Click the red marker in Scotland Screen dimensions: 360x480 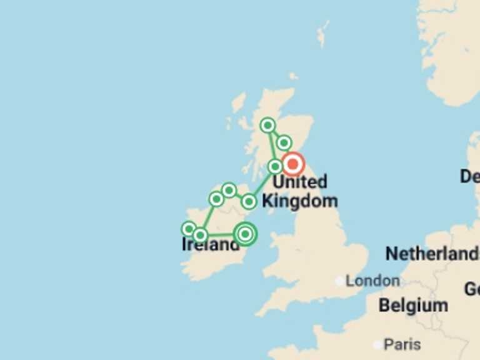click(292, 164)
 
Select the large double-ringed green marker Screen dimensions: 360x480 click(246, 234)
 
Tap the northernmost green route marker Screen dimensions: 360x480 click(267, 125)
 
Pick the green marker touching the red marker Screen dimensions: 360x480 click(275, 166)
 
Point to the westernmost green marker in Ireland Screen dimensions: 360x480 click(189, 229)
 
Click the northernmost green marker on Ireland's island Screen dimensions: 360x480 click(229, 189)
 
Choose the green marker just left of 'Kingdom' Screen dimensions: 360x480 click(249, 201)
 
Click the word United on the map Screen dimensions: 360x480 click(300, 182)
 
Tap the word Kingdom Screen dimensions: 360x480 click(300, 201)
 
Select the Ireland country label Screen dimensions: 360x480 click(211, 245)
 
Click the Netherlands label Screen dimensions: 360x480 click(431, 254)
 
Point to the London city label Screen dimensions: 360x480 click(372, 281)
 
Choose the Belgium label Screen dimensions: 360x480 click(413, 306)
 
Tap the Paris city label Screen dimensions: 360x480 click(402, 344)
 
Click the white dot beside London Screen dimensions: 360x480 click(339, 281)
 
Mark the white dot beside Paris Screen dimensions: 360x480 click(377, 344)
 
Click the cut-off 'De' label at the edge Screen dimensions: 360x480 click(470, 176)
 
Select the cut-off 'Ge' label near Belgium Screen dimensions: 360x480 click(472, 289)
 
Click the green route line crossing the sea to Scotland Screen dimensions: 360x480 click(262, 184)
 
